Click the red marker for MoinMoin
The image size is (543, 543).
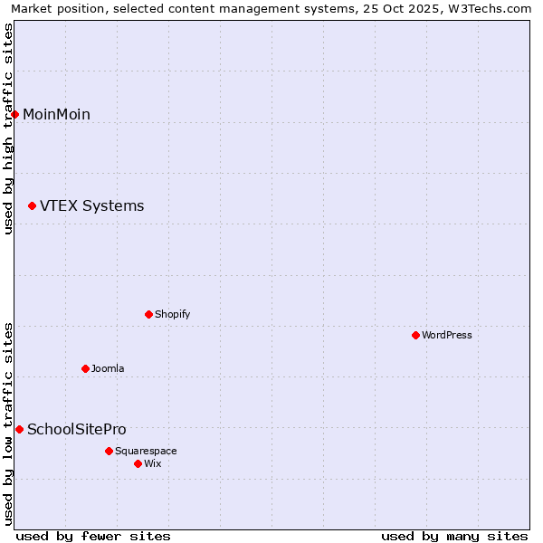(x=15, y=114)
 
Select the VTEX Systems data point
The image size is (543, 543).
(x=32, y=206)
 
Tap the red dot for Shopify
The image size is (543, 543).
(x=148, y=314)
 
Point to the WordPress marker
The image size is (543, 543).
(x=415, y=335)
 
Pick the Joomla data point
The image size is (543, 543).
(x=85, y=368)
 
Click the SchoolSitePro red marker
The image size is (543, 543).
(x=19, y=429)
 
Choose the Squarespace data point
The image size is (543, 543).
(x=109, y=451)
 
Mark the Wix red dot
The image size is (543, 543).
(x=138, y=463)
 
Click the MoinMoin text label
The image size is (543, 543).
(x=56, y=114)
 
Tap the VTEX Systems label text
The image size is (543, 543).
(x=91, y=206)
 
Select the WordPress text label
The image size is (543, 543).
(x=447, y=335)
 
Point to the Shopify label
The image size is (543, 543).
(x=172, y=314)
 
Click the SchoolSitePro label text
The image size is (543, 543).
(x=77, y=429)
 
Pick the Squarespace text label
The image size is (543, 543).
(x=146, y=451)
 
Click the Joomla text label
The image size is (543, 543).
(x=108, y=368)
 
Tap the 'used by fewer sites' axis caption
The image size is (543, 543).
(x=93, y=536)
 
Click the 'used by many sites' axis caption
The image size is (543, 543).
(x=454, y=536)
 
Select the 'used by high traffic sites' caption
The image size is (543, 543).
(x=8, y=129)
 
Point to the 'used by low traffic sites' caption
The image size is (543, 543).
(x=8, y=424)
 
